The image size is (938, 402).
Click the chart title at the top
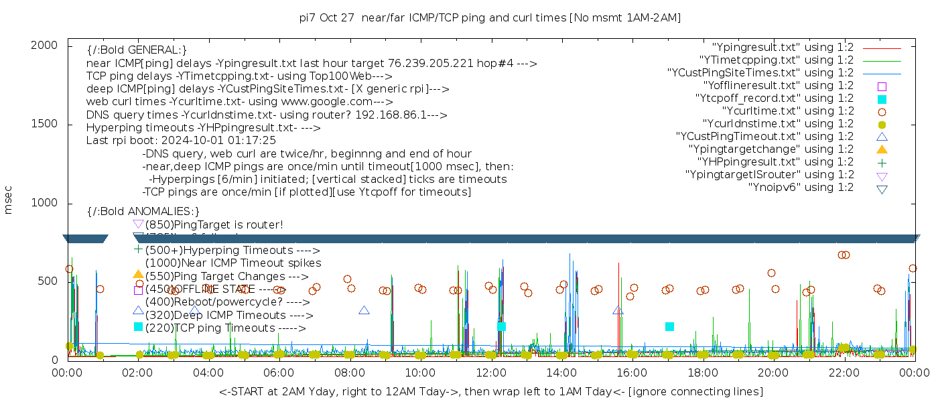click(x=490, y=17)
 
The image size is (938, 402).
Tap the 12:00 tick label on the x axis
click(x=490, y=373)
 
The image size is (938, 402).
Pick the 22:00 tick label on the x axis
click(x=843, y=373)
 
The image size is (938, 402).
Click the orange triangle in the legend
click(x=882, y=149)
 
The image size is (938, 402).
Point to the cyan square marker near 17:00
click(x=669, y=326)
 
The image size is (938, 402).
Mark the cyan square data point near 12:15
click(x=501, y=326)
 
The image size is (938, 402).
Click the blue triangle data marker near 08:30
click(x=364, y=310)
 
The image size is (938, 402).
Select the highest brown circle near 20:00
click(x=771, y=273)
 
